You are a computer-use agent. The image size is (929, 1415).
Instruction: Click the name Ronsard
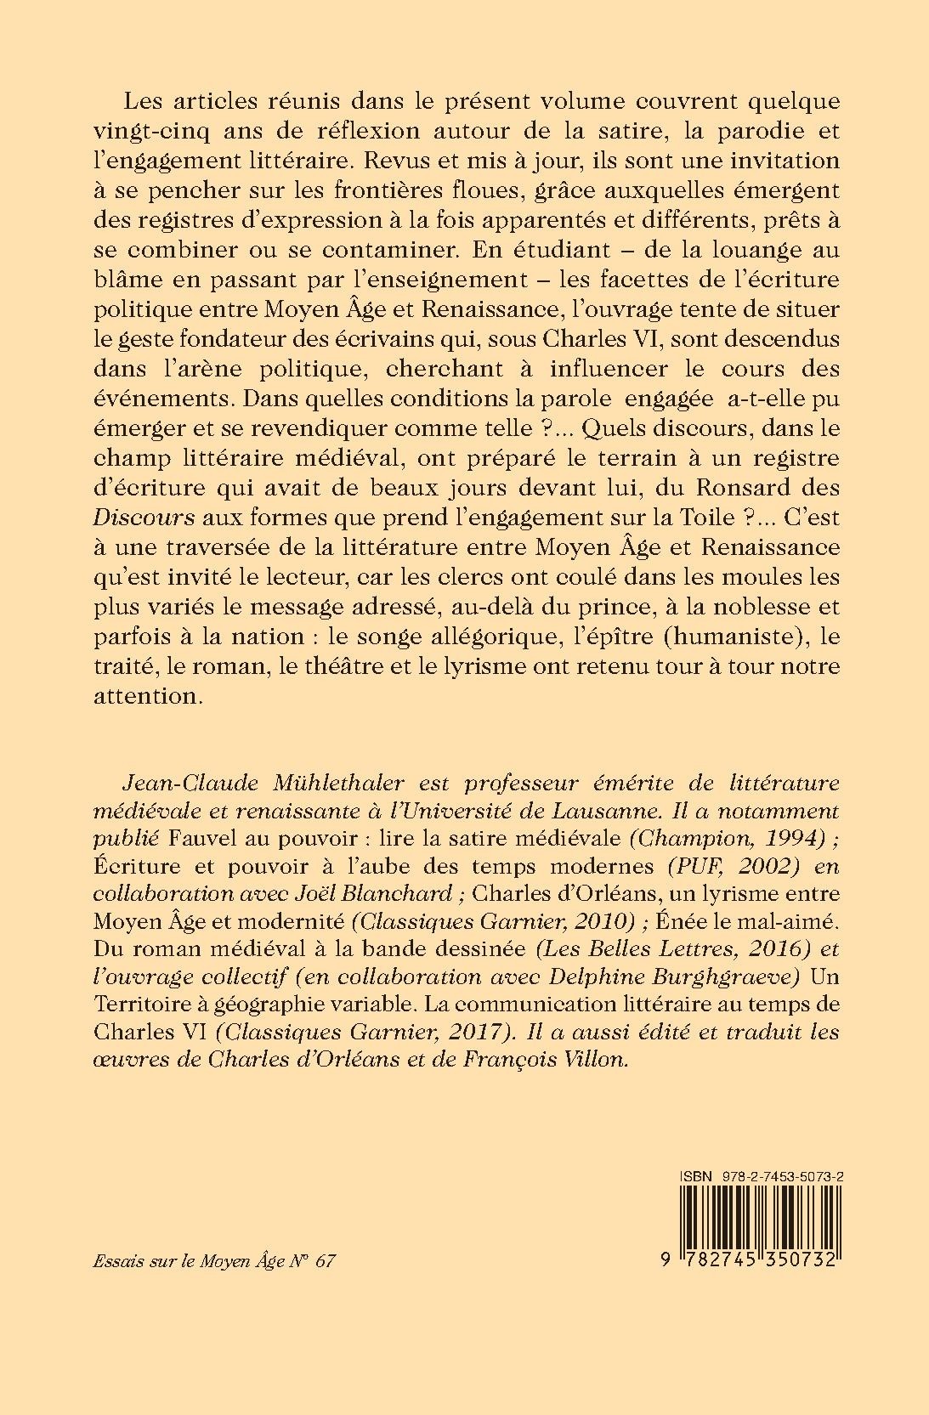(x=732, y=488)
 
